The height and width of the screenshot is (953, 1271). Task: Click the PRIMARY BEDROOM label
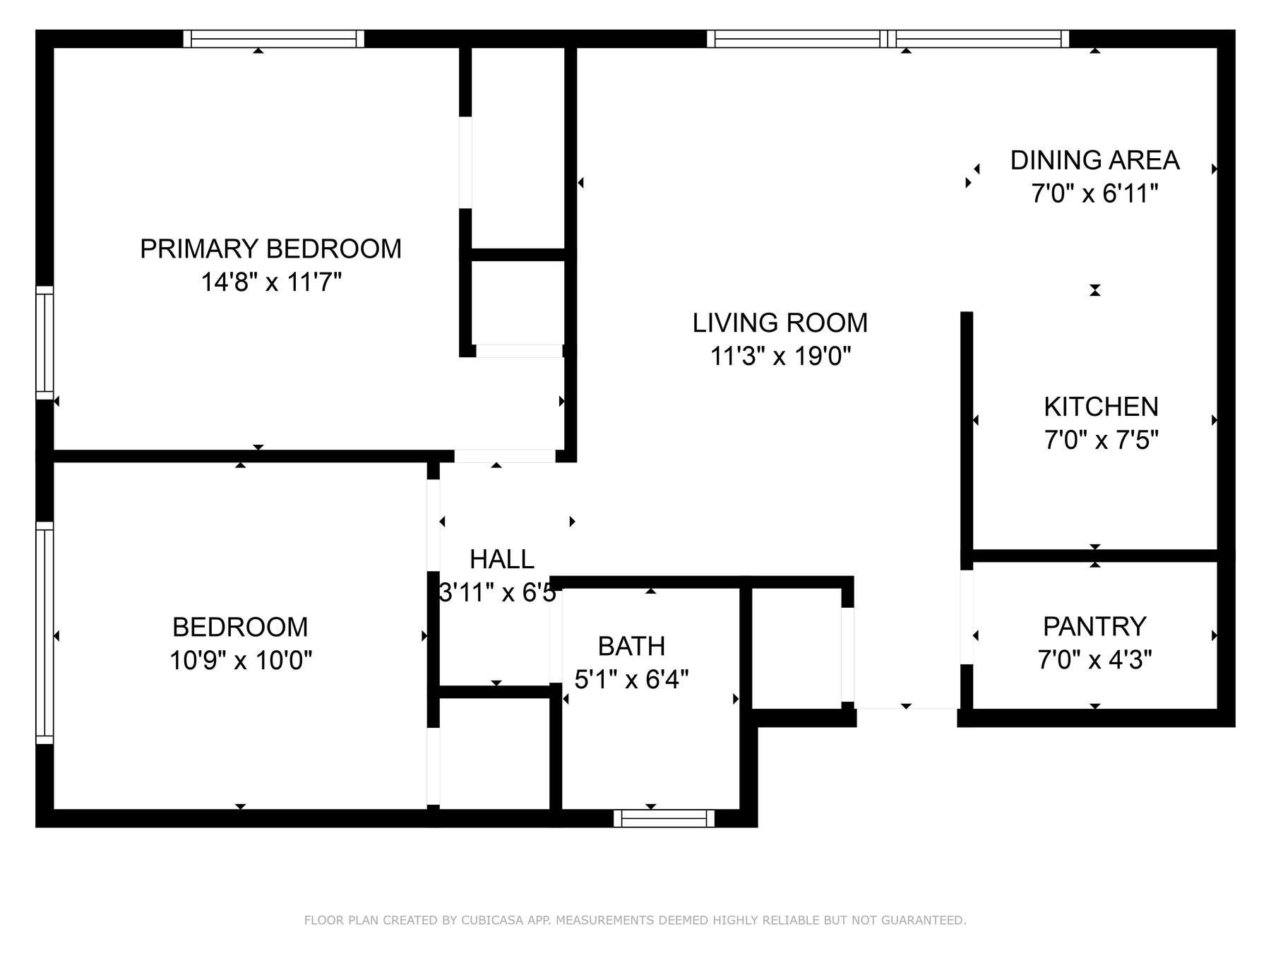tap(270, 248)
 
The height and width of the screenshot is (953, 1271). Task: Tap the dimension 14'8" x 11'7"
tap(270, 283)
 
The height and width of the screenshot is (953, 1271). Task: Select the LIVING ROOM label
tap(780, 323)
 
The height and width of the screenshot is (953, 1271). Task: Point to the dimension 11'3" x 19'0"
tap(780, 356)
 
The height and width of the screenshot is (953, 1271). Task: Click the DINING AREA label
tap(1094, 160)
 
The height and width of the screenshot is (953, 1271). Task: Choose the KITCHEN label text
tap(1101, 407)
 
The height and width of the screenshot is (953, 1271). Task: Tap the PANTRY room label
tap(1094, 626)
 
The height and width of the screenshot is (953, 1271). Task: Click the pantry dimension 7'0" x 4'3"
tap(1094, 660)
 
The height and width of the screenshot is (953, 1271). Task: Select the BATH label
tap(631, 646)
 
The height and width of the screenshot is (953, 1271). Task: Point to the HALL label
tap(502, 559)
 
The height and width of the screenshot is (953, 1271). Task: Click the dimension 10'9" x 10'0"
tap(240, 661)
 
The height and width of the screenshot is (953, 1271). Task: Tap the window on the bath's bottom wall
tap(664, 818)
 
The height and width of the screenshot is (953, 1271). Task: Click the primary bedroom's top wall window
tap(274, 39)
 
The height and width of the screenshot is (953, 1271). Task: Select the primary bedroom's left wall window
tap(44, 342)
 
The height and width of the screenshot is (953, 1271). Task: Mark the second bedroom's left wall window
tap(44, 633)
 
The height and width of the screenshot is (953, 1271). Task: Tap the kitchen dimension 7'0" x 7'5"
tap(1101, 440)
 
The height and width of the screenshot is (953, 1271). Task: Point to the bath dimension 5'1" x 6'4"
tap(631, 680)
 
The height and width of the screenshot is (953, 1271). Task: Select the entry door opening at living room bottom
tap(907, 709)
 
